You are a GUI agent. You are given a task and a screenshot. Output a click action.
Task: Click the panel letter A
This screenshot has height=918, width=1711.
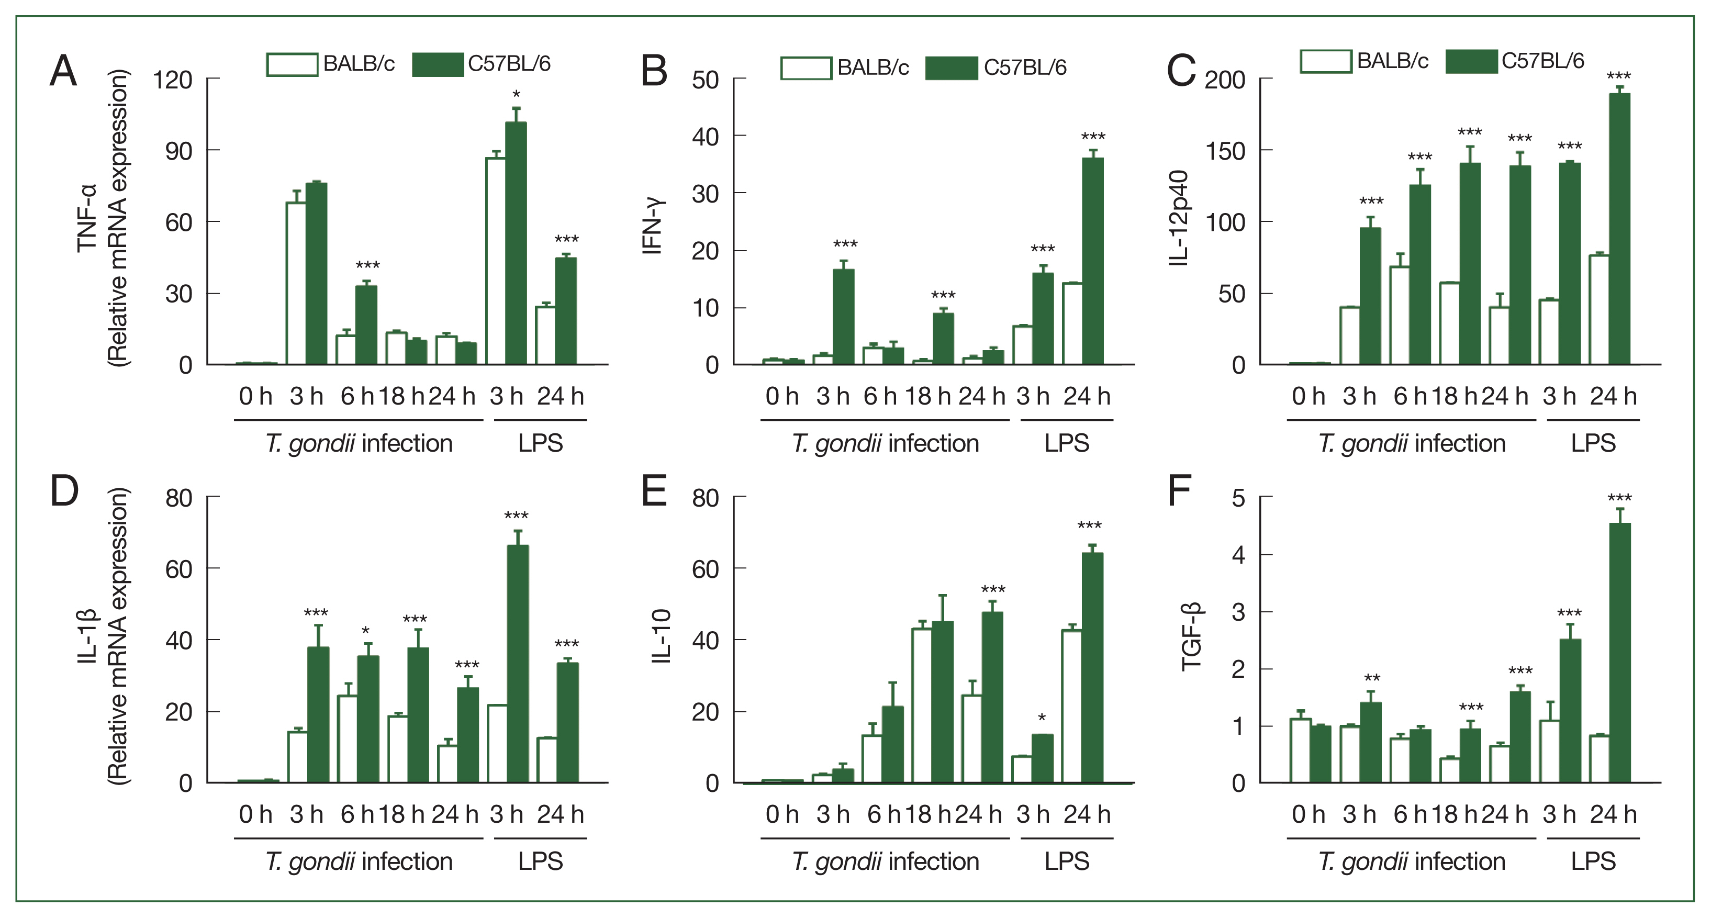[63, 71]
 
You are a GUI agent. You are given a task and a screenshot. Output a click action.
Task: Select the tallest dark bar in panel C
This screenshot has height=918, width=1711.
[1619, 229]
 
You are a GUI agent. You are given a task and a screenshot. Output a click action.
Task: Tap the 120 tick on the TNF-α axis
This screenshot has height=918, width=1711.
[172, 81]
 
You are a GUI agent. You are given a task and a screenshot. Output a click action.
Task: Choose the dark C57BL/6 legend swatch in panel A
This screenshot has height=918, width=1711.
[437, 64]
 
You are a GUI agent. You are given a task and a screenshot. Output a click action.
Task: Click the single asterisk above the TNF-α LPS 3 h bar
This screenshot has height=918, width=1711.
[516, 95]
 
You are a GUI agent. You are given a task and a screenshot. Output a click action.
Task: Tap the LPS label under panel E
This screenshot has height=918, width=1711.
[1066, 861]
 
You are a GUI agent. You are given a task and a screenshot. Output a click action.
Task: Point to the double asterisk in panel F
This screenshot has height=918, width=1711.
[1372, 679]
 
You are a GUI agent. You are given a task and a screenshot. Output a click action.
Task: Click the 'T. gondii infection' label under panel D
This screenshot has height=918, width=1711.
[359, 861]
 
